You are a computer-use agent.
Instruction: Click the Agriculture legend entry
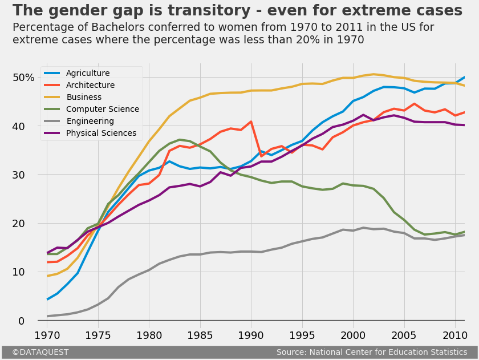(x=88, y=73)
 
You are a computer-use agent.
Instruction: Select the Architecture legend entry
(x=90, y=85)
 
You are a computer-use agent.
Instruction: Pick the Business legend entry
(x=84, y=97)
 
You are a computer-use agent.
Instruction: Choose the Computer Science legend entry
(x=102, y=109)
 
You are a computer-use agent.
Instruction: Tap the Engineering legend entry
(x=90, y=121)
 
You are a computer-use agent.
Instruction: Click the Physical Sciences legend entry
(x=101, y=133)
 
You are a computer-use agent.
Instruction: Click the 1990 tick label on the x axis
(x=251, y=334)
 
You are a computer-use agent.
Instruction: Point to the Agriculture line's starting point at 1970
(x=47, y=299)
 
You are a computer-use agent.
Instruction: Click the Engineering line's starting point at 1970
(x=47, y=316)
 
